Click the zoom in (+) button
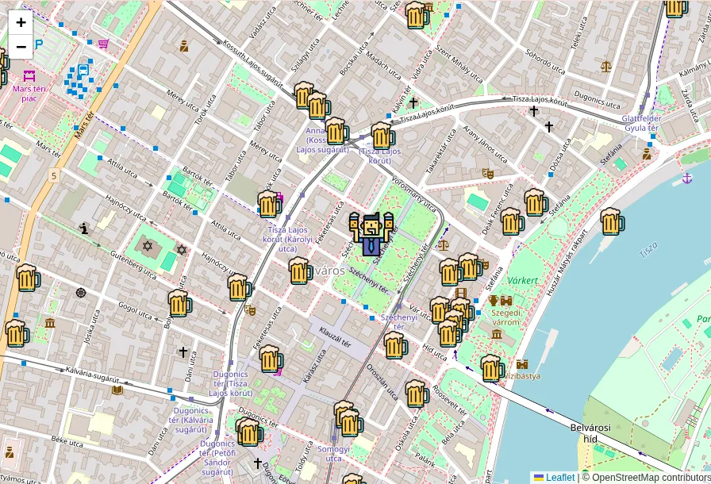[x=21, y=22]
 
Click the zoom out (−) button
[x=21, y=46]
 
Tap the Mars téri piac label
[x=29, y=93]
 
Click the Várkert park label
[x=523, y=280]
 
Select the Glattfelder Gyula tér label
[x=642, y=123]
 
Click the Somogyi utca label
[x=333, y=454]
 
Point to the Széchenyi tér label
[x=398, y=321]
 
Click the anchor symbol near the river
[x=687, y=178]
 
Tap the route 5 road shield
[x=53, y=175]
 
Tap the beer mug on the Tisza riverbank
[x=611, y=221]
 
